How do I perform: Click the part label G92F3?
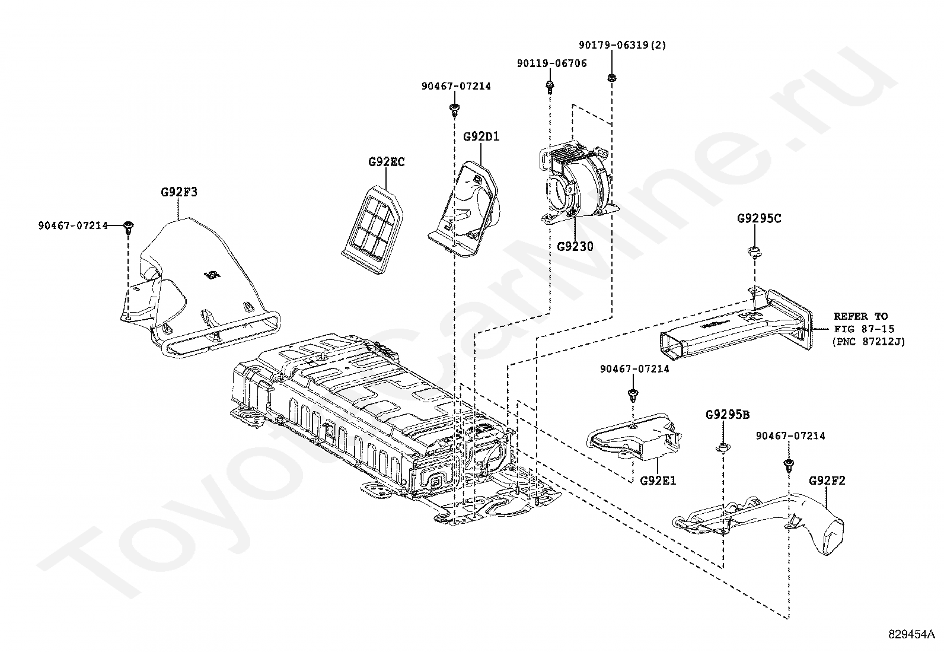tap(178, 192)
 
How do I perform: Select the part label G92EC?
tap(386, 161)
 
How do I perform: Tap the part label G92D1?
tap(481, 136)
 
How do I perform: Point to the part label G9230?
tap(575, 246)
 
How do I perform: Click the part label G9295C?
tap(759, 218)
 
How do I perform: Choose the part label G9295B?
tap(727, 414)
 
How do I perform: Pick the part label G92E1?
tap(658, 480)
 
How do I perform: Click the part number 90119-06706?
tap(551, 63)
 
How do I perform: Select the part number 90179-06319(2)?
tap(622, 45)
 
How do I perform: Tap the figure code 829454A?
tap(911, 634)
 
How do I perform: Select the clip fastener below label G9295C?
tap(754, 252)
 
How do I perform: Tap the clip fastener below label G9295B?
tap(723, 447)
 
